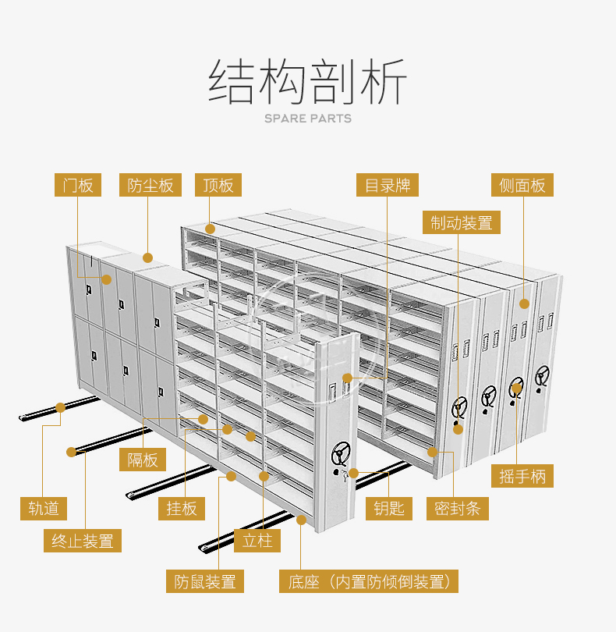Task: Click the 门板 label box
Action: pyautogui.click(x=78, y=185)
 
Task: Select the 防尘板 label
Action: pyautogui.click(x=150, y=185)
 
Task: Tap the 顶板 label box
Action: pyautogui.click(x=218, y=185)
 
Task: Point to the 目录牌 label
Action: pyautogui.click(x=388, y=185)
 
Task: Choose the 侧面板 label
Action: pyautogui.click(x=522, y=185)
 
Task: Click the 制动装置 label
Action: pyautogui.click(x=462, y=222)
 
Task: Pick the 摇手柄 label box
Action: pyautogui.click(x=522, y=476)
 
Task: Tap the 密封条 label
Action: pyautogui.click(x=457, y=509)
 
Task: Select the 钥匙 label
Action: pyautogui.click(x=389, y=509)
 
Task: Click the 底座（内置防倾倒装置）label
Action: pyautogui.click(x=369, y=581)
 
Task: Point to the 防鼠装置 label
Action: pyautogui.click(x=204, y=581)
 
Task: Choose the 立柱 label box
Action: pyautogui.click(x=257, y=541)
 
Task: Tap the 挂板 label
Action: pyautogui.click(x=182, y=509)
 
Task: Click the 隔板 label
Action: pyautogui.click(x=142, y=460)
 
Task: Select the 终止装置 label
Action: pyautogui.click(x=82, y=541)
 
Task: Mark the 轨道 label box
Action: pyautogui.click(x=44, y=509)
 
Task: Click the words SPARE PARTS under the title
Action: pyautogui.click(x=308, y=119)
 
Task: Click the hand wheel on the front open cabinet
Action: pyautogui.click(x=341, y=454)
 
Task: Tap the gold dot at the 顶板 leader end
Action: pyautogui.click(x=210, y=229)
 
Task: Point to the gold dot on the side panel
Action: pyautogui.click(x=524, y=304)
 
